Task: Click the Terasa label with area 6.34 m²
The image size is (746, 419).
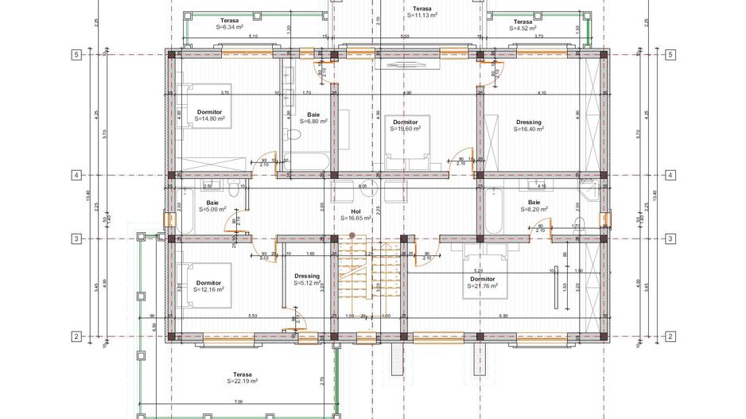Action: [231, 23]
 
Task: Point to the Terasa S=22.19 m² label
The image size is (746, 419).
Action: [243, 378]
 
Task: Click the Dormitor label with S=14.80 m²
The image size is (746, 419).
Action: [210, 115]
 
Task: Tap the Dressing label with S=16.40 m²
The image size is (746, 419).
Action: [528, 126]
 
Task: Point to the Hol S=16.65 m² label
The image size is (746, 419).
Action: [356, 214]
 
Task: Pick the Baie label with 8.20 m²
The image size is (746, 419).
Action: [534, 206]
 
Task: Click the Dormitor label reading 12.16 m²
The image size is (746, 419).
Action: [208, 286]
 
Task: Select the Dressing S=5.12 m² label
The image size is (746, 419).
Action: [306, 279]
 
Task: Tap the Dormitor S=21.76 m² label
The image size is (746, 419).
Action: [482, 282]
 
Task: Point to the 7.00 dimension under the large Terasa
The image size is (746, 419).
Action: [239, 402]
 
